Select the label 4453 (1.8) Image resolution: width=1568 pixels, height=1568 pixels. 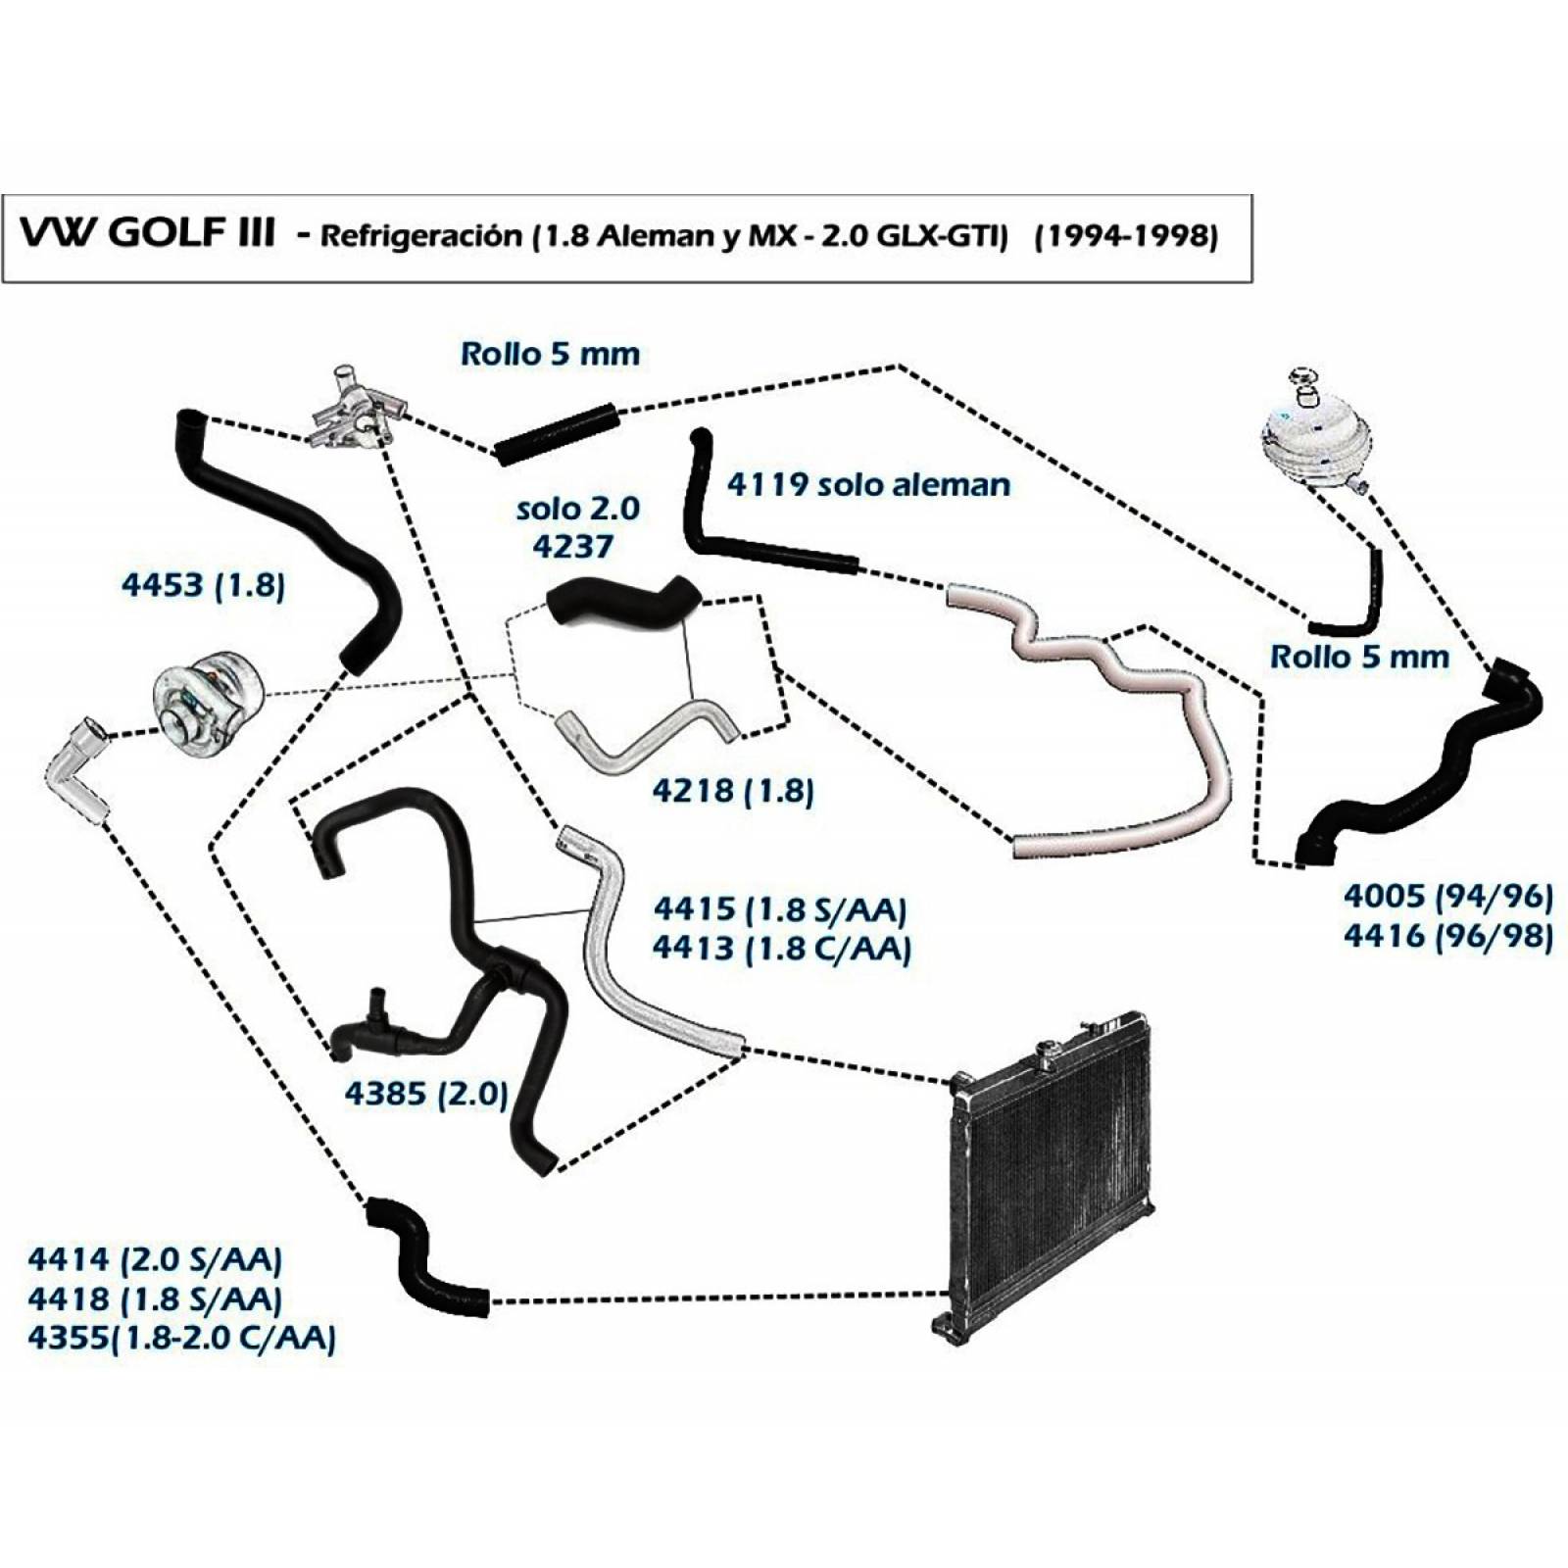[x=203, y=586]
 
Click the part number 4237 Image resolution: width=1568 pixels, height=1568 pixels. [x=572, y=546]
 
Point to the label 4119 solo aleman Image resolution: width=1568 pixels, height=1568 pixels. [x=868, y=484]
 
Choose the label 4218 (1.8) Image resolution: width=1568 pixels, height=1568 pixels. [x=733, y=790]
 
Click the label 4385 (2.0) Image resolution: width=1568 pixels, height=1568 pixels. [x=426, y=1093]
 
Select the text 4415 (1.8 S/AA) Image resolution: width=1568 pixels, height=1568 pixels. [x=780, y=909]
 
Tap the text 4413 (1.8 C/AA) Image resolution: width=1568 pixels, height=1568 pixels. [x=782, y=949]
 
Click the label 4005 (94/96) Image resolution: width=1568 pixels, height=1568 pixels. [x=1448, y=896]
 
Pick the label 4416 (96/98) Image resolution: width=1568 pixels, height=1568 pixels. [x=1448, y=936]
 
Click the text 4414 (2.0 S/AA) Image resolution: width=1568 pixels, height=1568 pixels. [x=155, y=1259]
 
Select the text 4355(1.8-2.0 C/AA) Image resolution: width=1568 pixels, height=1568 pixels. [x=181, y=1338]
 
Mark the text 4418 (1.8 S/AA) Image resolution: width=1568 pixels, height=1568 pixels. [x=155, y=1298]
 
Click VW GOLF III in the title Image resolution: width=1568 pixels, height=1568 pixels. [x=147, y=236]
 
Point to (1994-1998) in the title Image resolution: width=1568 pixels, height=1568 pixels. [x=1126, y=237]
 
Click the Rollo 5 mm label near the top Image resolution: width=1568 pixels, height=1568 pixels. [x=550, y=354]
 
